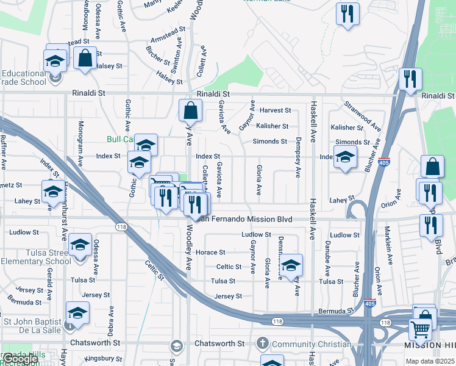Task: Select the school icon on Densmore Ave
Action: tap(291, 265)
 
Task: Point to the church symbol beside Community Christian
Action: tap(263, 343)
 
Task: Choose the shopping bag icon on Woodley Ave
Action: tap(190, 111)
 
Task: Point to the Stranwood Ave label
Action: tap(363, 117)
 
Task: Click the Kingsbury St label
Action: tap(104, 358)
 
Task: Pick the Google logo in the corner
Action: tap(20, 359)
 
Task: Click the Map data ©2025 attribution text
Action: tap(429, 361)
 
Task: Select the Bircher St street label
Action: tap(158, 56)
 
